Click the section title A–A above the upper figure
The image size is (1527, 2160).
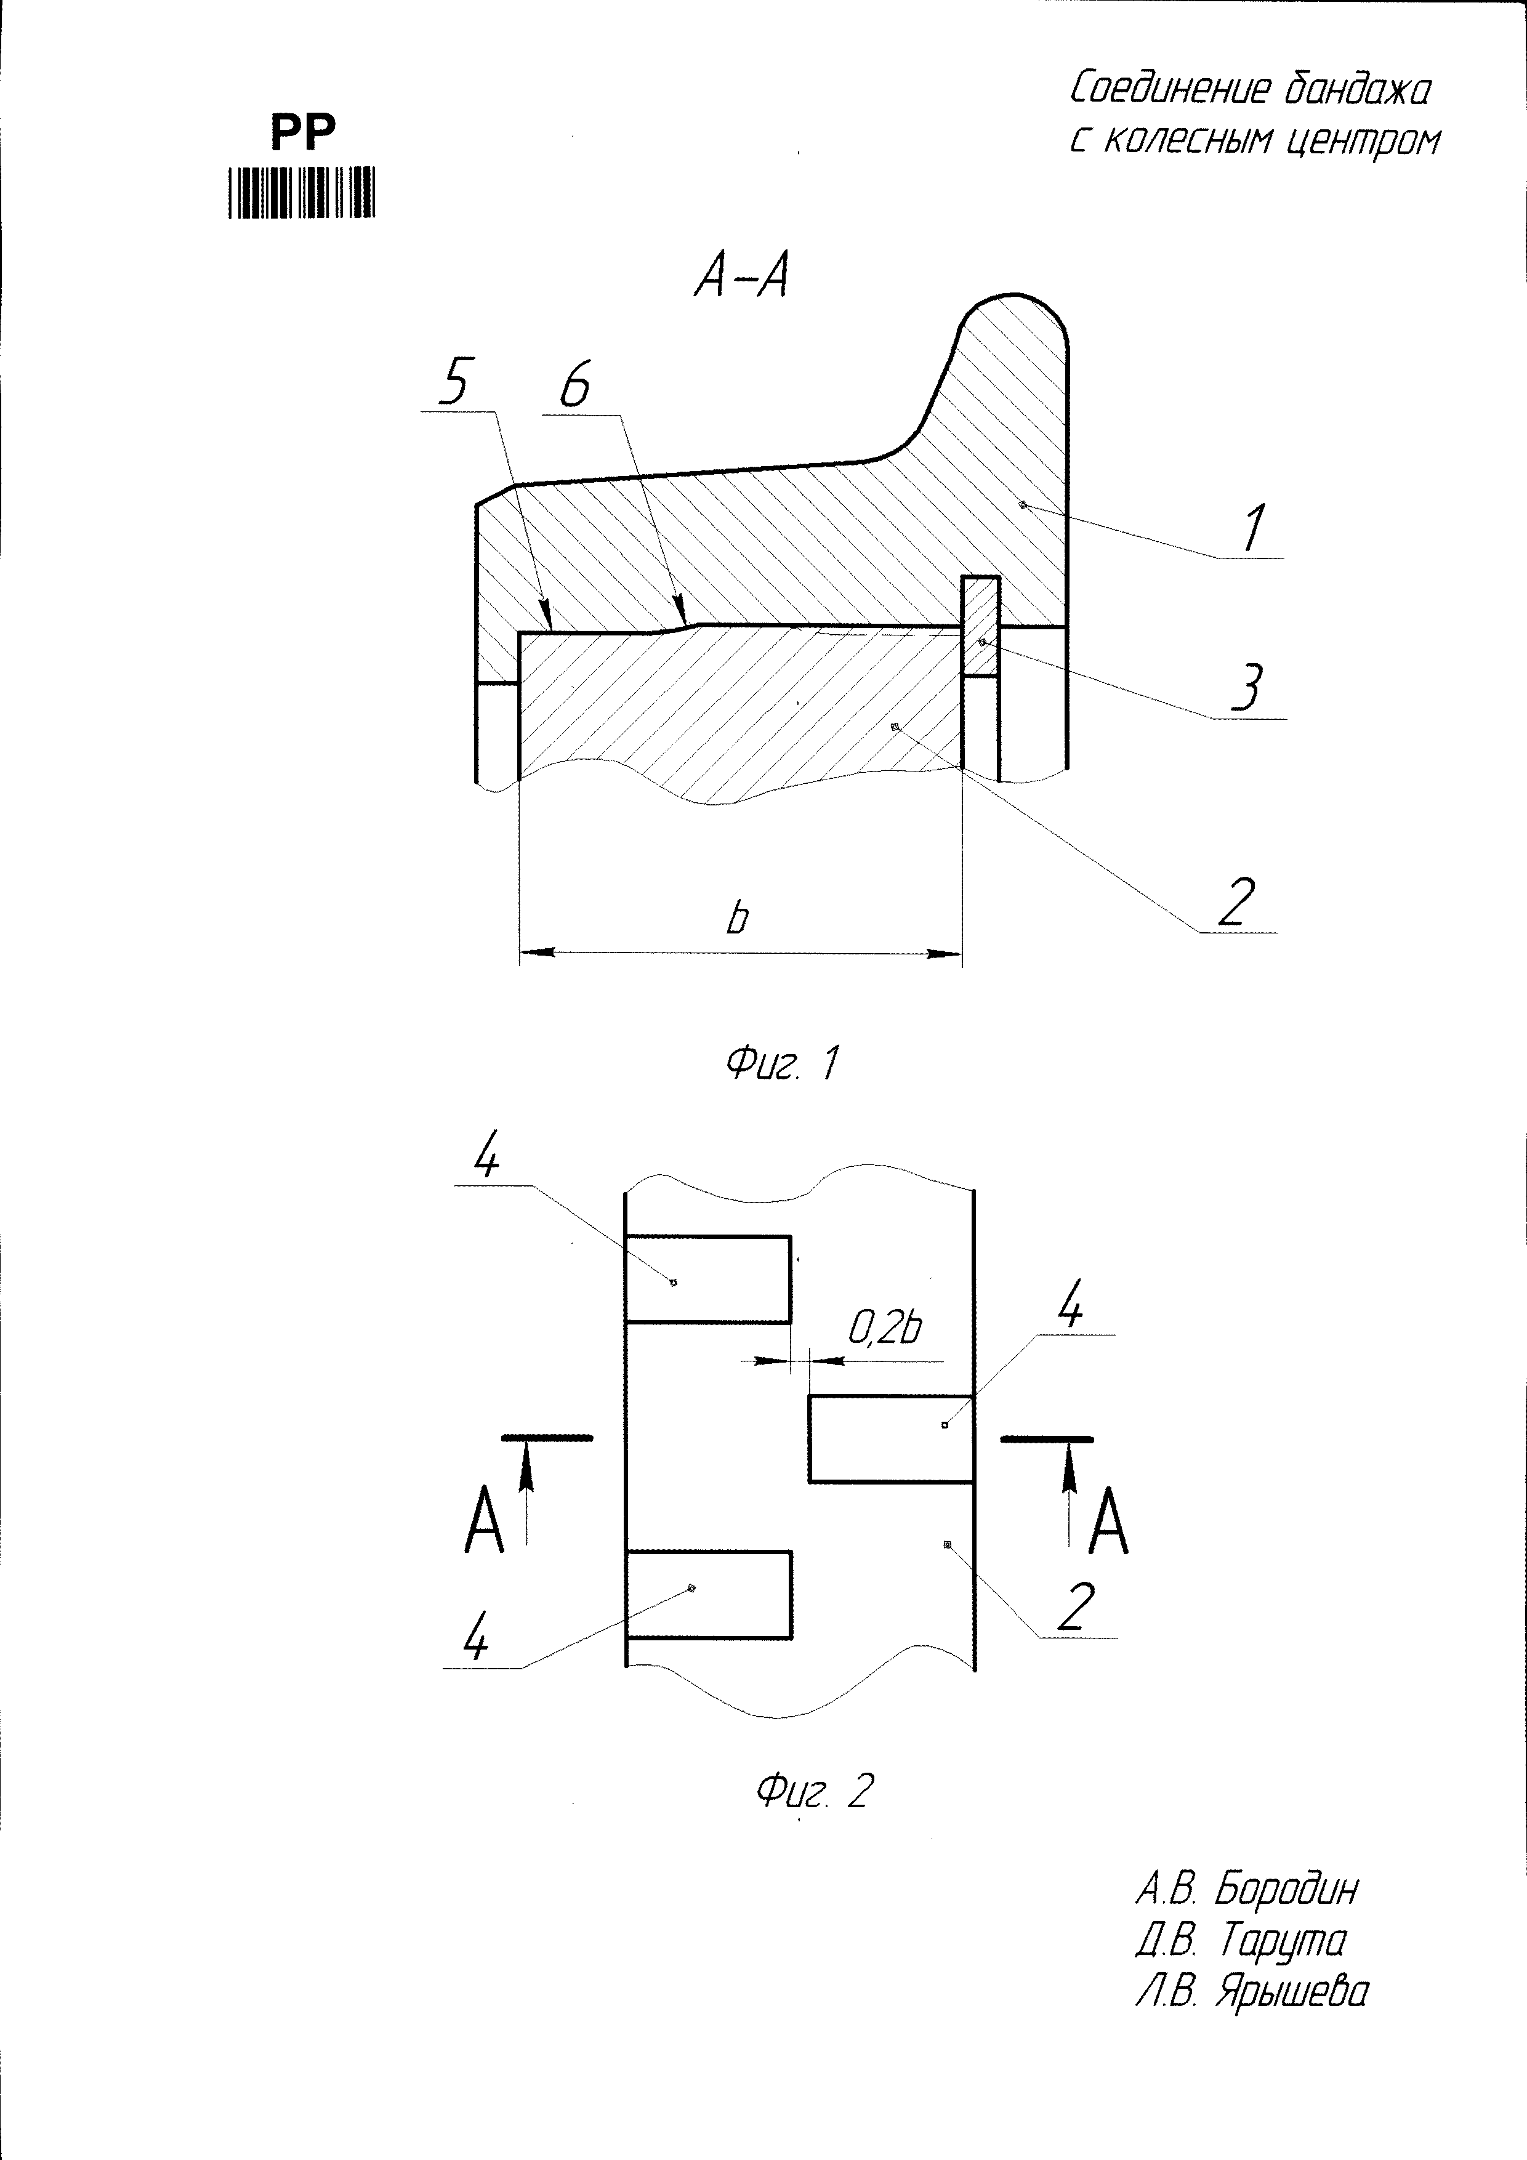click(x=741, y=278)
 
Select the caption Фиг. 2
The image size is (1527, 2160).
click(x=815, y=1791)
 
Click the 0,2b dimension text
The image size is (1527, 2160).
click(x=884, y=1328)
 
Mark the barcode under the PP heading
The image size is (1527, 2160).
click(x=301, y=193)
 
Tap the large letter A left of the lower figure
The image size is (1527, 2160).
click(x=485, y=1521)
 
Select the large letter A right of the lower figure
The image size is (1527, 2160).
click(x=1108, y=1521)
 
